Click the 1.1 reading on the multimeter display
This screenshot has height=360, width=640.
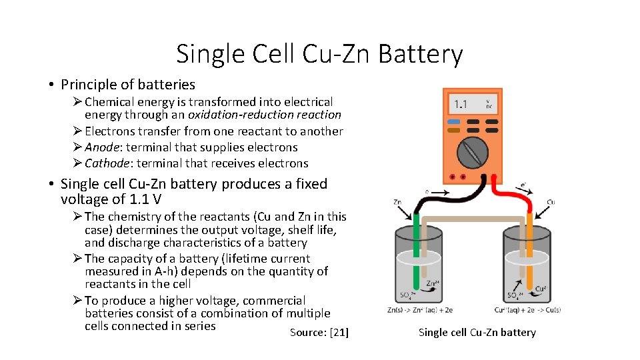[x=460, y=105]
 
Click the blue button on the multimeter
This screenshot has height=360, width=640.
[x=453, y=122]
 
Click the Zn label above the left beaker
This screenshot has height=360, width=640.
[x=397, y=202]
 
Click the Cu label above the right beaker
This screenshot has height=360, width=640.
[x=551, y=202]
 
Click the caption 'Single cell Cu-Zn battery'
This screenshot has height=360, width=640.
[x=477, y=333]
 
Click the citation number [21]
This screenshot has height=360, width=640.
[x=339, y=333]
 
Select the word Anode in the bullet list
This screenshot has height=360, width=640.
[x=103, y=147]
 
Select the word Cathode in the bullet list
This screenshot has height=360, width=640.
[x=107, y=163]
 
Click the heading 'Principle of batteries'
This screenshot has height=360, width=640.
[x=127, y=85]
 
